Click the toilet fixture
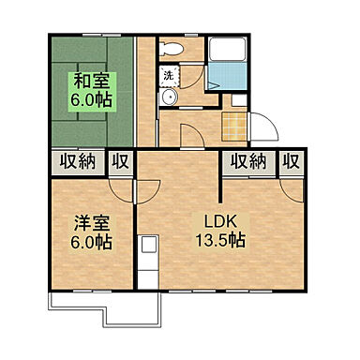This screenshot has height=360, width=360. tap(171, 49)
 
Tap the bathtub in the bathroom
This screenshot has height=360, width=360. tap(228, 50)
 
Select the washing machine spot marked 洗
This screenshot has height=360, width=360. tap(169, 76)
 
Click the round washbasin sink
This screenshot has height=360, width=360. tap(169, 97)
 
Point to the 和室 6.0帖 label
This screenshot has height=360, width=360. tap(92, 92)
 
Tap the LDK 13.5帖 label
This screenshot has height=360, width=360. tap(220, 231)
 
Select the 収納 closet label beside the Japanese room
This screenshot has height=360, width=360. tap(78, 162)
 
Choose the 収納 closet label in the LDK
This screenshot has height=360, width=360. tap(248, 162)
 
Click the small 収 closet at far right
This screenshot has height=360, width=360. tap(292, 162)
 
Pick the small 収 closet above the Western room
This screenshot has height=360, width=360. tap(121, 162)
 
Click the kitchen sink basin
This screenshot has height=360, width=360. tap(148, 245)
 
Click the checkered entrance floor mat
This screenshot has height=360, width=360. tap(234, 127)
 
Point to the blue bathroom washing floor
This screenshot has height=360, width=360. tap(228, 76)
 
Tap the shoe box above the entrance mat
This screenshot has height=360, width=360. tap(239, 100)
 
